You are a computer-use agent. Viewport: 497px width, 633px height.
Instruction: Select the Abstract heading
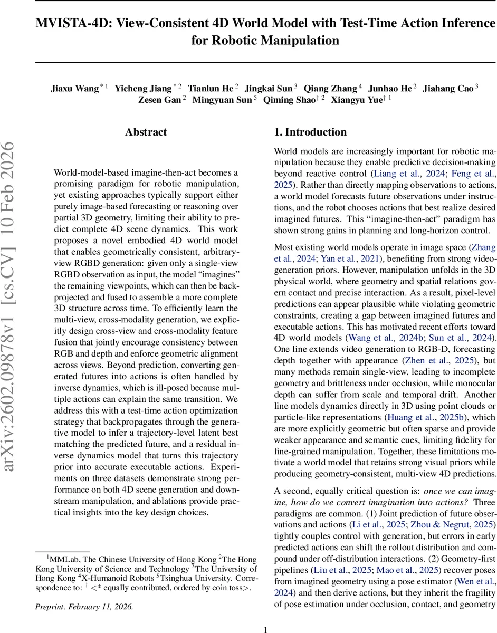146,132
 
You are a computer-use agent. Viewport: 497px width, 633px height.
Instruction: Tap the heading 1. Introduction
310,132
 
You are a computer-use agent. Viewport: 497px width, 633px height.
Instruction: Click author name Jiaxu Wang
74,88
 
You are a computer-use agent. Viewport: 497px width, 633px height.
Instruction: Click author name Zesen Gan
160,99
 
